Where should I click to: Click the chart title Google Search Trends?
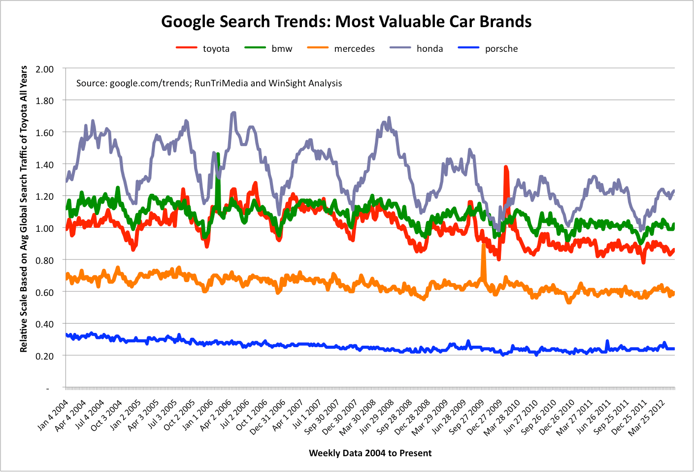coord(346,22)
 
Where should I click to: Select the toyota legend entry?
coord(216,49)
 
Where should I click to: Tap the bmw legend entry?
coord(282,49)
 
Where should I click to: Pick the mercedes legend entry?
coord(354,49)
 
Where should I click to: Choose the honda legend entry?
coord(430,49)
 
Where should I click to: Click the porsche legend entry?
coord(501,49)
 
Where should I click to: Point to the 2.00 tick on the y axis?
coord(45,69)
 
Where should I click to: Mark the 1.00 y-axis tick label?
coord(45,228)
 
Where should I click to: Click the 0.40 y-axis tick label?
coord(45,324)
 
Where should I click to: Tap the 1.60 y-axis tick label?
coord(45,133)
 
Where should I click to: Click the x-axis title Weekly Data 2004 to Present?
coord(370,453)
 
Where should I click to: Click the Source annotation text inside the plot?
coord(209,83)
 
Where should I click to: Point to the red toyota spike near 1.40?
coord(505,170)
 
